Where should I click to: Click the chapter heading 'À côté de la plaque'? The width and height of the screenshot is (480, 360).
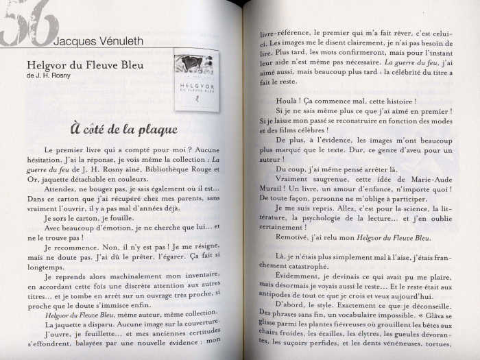coord(123,129)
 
